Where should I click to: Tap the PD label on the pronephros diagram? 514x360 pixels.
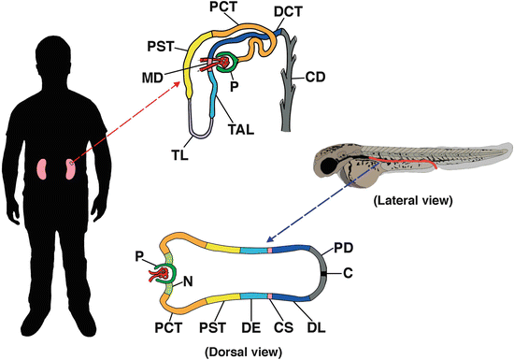click(343, 251)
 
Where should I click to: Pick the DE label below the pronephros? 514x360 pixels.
click(250, 330)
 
